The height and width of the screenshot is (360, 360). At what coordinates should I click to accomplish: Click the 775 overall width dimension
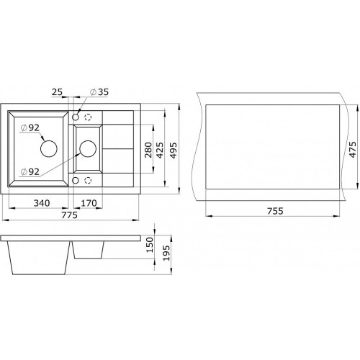[70, 215]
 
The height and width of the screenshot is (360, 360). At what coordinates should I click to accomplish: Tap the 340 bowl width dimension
[42, 203]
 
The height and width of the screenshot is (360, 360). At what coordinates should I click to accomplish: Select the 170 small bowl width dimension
[89, 203]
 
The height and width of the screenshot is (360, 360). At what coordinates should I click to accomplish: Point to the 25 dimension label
[57, 92]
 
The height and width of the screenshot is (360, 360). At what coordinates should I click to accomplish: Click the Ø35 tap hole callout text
[99, 92]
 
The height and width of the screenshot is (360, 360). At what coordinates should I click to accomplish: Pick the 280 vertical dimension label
[148, 150]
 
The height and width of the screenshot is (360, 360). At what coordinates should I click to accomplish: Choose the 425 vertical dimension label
[160, 150]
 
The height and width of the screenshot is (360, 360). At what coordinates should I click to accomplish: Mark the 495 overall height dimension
[173, 150]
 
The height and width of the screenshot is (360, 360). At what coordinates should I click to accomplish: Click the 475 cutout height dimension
[352, 150]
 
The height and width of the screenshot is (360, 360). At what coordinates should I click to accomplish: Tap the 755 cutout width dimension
[275, 211]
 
